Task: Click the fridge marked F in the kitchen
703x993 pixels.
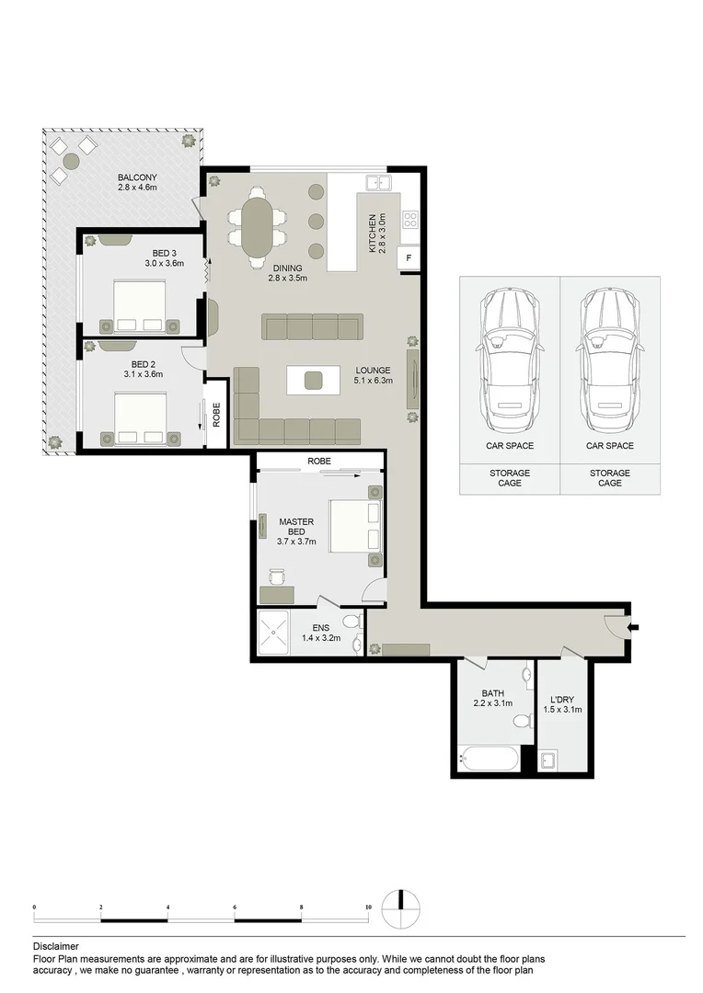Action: pos(409,257)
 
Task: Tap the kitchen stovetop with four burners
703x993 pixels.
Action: pos(410,219)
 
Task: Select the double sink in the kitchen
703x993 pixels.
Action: pos(379,183)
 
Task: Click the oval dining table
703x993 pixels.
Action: pos(258,226)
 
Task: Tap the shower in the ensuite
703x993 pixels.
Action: pos(274,632)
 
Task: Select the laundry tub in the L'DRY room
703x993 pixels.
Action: pos(547,760)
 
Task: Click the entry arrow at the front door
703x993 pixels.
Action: pos(633,628)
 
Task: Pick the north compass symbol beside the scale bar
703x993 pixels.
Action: pos(401,910)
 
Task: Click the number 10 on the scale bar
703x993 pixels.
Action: pos(368,907)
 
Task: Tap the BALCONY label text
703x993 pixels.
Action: pos(137,178)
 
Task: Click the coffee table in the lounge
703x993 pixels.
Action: pos(313,380)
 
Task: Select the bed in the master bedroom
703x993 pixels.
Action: pos(355,526)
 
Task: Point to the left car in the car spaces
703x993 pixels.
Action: pos(509,360)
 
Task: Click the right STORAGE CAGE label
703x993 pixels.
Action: pos(610,477)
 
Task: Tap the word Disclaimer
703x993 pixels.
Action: pos(56,947)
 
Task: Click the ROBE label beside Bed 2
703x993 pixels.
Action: pos(216,415)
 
